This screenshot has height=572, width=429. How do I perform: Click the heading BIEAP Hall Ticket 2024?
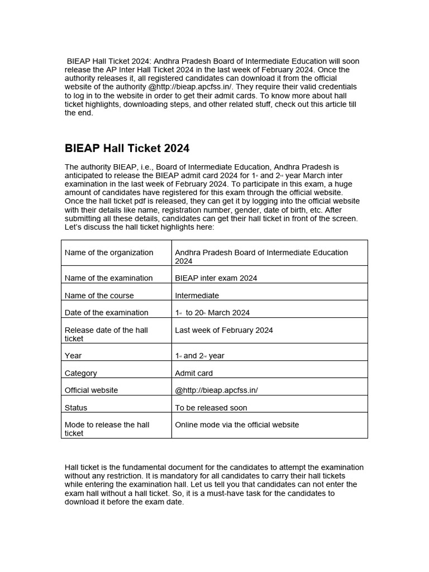(127, 148)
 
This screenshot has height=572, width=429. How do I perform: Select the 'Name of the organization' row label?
(109, 252)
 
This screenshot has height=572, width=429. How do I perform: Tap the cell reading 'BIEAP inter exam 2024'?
(216, 278)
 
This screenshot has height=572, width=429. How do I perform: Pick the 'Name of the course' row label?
(99, 295)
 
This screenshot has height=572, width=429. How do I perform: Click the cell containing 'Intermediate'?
(197, 295)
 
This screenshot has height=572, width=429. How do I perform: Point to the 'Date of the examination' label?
(107, 313)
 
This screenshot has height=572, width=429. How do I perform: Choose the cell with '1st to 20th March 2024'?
(212, 313)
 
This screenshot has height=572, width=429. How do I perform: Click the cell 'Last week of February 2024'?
(224, 330)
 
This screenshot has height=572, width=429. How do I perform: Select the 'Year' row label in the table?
(73, 356)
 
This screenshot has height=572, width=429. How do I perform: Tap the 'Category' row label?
(81, 373)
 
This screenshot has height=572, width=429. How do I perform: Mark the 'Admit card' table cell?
(194, 373)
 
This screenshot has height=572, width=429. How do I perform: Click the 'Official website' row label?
(92, 390)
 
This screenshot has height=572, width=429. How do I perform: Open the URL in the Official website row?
(217, 390)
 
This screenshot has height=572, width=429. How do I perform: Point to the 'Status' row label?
(76, 408)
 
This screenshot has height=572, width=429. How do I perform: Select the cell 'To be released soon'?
(211, 408)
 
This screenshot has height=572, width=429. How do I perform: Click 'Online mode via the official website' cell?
(237, 425)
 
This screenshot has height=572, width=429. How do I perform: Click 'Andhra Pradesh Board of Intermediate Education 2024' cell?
(261, 257)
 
